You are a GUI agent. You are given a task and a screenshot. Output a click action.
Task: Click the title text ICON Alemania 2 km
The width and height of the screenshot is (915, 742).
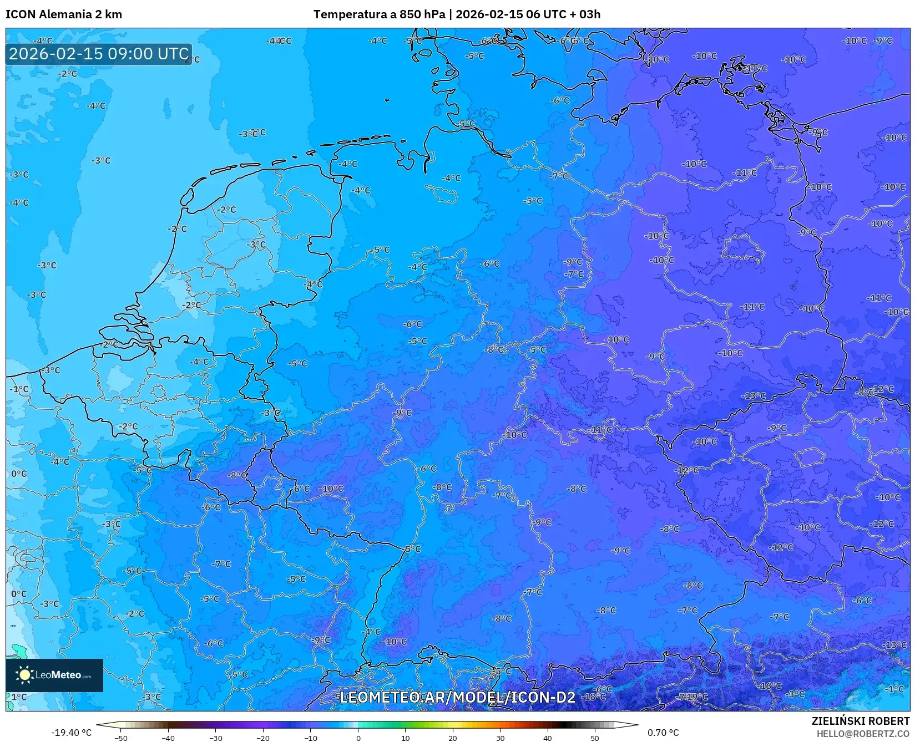point(64,14)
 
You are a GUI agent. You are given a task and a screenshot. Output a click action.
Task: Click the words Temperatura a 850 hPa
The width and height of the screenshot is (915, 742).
point(379,14)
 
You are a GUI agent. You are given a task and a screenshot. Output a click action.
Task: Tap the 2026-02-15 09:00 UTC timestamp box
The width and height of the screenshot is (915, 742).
point(99,54)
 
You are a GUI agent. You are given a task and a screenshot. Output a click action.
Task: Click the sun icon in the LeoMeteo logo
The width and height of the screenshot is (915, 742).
point(24,674)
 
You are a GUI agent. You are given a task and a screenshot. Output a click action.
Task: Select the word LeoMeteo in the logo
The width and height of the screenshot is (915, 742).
point(58,675)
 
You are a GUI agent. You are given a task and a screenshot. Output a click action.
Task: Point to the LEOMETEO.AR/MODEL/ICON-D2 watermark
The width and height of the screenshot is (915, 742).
point(457,697)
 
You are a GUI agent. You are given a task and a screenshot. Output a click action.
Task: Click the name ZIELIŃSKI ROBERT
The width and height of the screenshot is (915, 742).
point(861,721)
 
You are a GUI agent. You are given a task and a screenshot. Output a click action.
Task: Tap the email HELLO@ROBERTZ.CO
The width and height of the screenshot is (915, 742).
point(863,734)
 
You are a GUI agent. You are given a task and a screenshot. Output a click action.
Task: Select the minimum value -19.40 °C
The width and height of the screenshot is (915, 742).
point(71,733)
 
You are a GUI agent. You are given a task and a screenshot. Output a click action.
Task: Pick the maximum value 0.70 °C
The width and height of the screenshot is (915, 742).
point(663,733)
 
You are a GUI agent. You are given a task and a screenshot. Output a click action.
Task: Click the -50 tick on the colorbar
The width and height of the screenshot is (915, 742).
point(120,738)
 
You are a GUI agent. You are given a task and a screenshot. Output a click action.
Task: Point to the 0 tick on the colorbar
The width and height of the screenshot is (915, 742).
point(358,738)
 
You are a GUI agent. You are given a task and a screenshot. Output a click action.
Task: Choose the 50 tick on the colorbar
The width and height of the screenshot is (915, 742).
point(595,738)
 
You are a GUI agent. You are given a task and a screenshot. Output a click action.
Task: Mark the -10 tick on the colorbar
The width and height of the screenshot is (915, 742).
point(311,738)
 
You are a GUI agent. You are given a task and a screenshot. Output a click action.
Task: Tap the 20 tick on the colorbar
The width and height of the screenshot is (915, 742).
point(453,738)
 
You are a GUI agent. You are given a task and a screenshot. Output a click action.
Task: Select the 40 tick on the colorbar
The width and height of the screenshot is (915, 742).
point(548,738)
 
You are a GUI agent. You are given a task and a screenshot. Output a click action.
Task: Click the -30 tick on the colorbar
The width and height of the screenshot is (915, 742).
point(216,738)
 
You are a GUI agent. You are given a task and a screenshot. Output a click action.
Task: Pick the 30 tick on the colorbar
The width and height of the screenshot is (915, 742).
point(501,738)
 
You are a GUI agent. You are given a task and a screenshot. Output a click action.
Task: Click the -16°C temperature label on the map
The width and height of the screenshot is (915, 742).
point(770,686)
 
